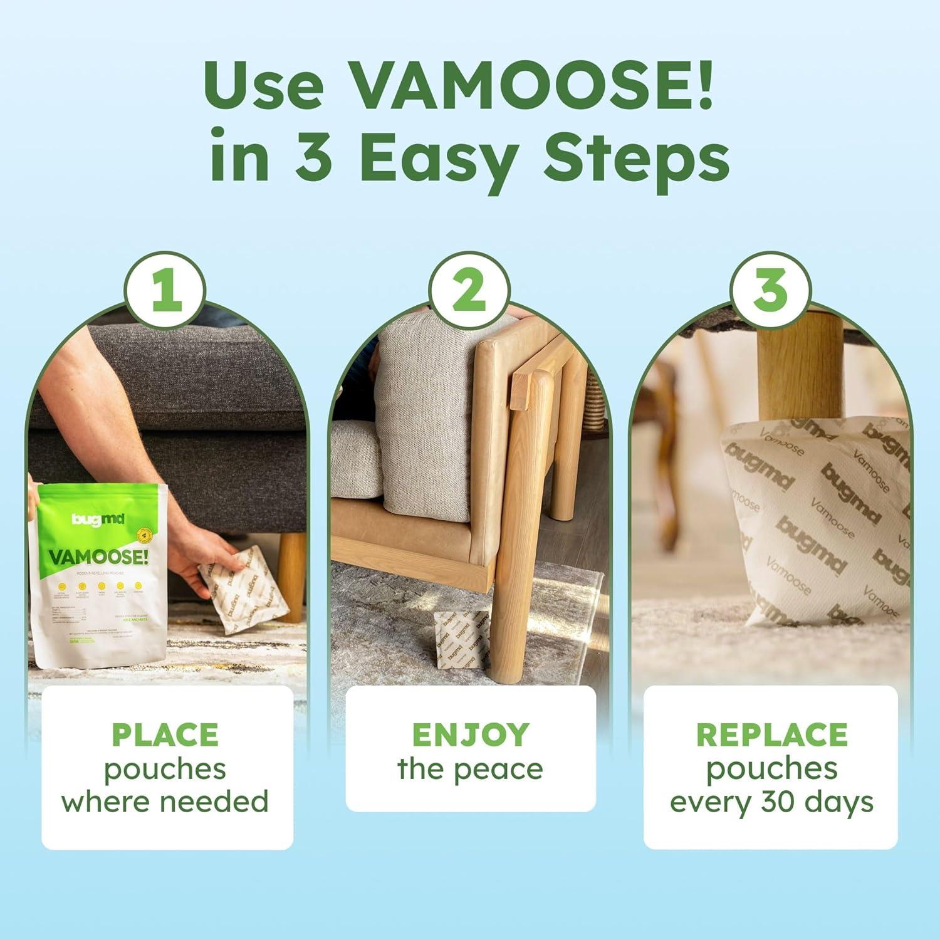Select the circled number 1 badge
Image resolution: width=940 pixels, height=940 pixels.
click(x=164, y=290)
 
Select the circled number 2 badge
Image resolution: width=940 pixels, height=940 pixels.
click(x=469, y=290)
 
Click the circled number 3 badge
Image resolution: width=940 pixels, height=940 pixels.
click(x=770, y=290)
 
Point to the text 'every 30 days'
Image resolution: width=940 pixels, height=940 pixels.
click(x=771, y=802)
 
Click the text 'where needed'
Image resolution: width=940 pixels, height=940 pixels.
click(x=165, y=802)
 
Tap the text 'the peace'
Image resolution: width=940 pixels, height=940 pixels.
click(x=470, y=770)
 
